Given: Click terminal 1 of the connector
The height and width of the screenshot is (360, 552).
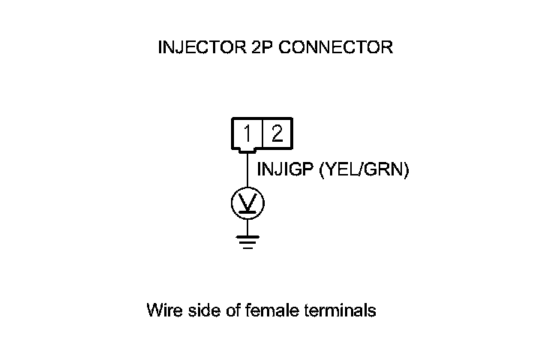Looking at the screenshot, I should pos(247,134).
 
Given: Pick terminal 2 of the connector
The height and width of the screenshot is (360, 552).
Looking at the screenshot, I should pos(277,134).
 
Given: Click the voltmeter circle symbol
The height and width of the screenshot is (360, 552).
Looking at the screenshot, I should pos(247,202).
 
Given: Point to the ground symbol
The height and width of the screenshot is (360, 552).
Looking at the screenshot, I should pos(247,242).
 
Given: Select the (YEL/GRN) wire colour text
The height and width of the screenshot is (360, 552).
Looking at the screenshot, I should pos(364,170).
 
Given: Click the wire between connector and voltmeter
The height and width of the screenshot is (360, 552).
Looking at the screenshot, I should pos(247,171).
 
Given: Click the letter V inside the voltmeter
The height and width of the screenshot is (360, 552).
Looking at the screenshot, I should pos(247,200).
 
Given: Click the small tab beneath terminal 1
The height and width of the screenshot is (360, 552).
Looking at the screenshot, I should pos(247,151).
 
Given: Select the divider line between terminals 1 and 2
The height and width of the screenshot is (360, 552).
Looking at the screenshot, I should pos(262,134).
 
